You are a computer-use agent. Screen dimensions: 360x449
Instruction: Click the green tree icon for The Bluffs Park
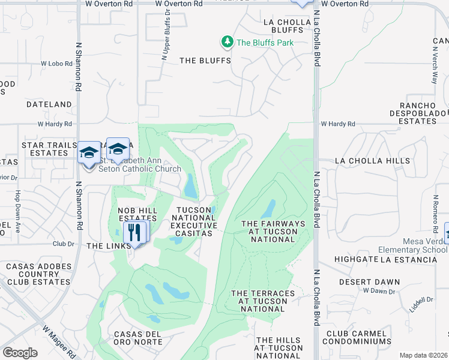pyautogui.click(x=227, y=42)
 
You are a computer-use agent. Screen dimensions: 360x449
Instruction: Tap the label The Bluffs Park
pyautogui.click(x=265, y=43)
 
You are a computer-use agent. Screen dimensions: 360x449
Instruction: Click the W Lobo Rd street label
pyautogui.click(x=56, y=63)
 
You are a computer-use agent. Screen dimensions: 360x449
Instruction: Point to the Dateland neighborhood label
pyautogui.click(x=49, y=104)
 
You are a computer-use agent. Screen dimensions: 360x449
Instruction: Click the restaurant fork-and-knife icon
pyautogui.click(x=134, y=231)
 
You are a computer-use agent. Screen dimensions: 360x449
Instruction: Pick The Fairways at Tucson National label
pyautogui.click(x=273, y=232)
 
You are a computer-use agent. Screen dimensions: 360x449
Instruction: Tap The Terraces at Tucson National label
pyautogui.click(x=263, y=301)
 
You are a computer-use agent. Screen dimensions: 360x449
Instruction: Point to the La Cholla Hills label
pyautogui.click(x=364, y=161)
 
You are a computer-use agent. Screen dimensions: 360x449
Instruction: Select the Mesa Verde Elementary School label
pyautogui.click(x=412, y=245)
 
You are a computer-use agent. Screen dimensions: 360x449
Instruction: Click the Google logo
pyautogui.click(x=20, y=353)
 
